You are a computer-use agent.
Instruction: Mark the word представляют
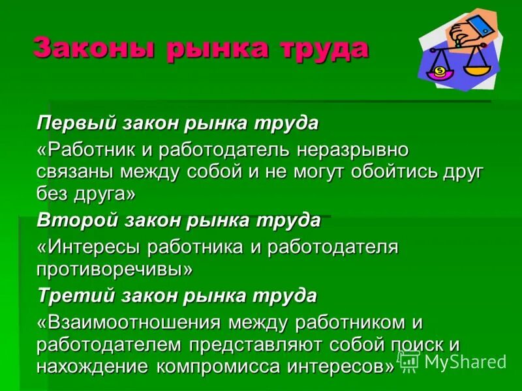tap(268, 344)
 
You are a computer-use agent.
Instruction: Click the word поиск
tap(416, 344)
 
